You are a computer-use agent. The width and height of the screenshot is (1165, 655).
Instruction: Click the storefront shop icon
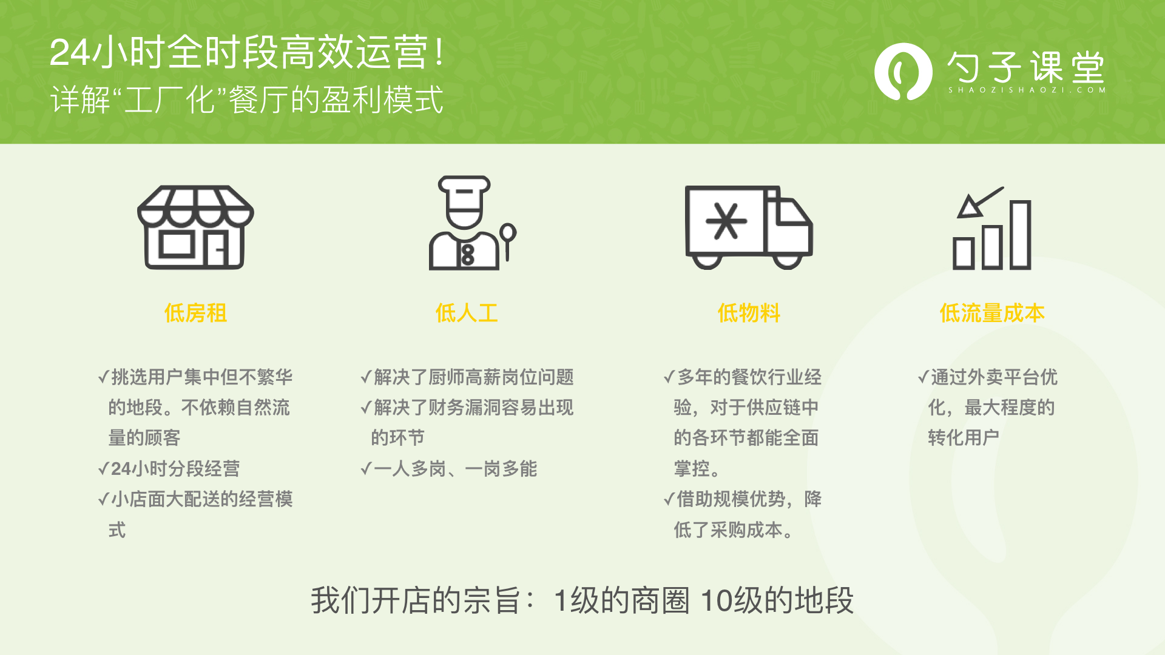point(195,227)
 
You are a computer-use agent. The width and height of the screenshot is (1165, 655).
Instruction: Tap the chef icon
point(472,223)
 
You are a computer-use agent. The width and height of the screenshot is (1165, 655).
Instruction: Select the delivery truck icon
point(749,227)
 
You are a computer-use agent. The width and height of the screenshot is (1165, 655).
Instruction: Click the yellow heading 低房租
point(195,313)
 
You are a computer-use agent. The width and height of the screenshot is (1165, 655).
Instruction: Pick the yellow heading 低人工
point(467,313)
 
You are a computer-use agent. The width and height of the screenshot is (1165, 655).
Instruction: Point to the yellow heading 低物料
point(749,313)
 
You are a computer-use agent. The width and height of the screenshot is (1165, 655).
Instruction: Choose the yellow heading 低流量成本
point(992,313)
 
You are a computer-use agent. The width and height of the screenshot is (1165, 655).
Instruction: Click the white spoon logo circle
point(903,72)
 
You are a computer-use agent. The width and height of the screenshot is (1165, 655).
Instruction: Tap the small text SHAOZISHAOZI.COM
point(1027,90)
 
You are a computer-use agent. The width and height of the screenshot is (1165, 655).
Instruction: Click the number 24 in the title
point(70,52)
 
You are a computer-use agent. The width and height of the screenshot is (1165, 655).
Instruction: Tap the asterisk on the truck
point(726,221)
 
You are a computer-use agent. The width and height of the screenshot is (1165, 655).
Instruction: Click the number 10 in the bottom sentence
point(717,600)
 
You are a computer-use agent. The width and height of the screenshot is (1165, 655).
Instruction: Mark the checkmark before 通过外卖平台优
point(923,377)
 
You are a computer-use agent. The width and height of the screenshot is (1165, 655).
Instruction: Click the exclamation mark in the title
point(440,52)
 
